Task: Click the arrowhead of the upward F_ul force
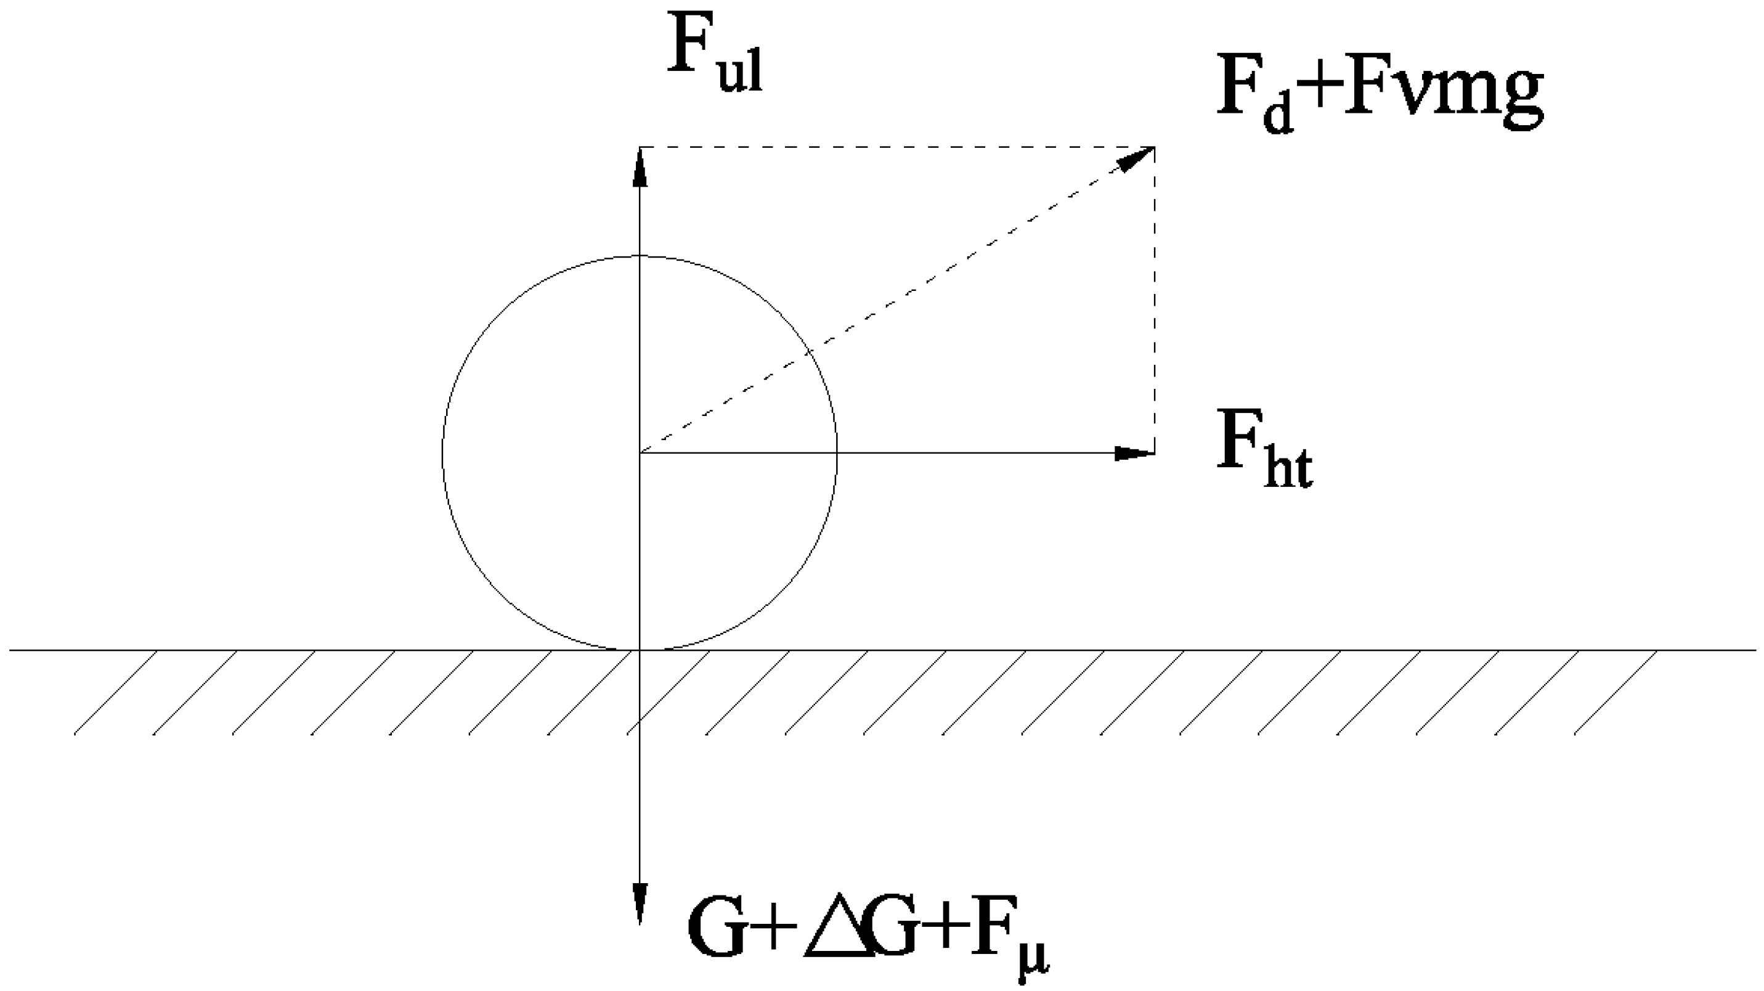coord(640,167)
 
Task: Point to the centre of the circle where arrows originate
coord(640,454)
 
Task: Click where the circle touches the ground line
coord(640,649)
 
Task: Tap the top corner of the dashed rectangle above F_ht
coord(1155,147)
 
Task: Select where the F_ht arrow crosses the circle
coord(836,453)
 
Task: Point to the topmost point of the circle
coord(640,256)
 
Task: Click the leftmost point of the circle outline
coord(443,454)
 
